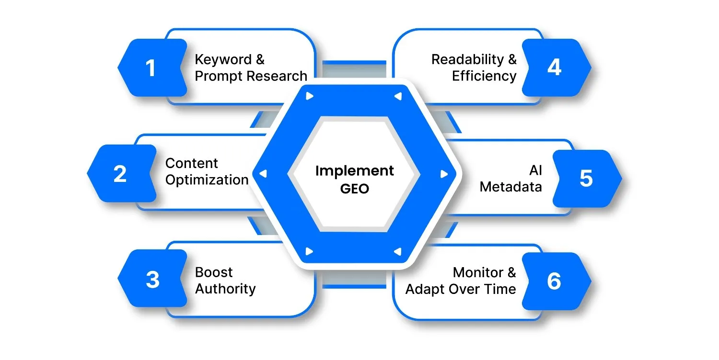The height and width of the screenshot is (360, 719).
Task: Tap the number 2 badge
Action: click(120, 173)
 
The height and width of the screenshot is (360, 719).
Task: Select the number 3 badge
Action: click(152, 280)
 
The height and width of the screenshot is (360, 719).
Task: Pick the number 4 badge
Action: click(554, 67)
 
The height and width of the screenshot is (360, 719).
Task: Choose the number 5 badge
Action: click(586, 178)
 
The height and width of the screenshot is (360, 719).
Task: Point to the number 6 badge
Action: click(554, 281)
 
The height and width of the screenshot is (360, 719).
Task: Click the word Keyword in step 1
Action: click(223, 60)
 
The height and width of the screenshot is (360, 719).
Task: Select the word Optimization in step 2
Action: click(207, 180)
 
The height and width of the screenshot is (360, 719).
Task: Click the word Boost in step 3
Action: click(214, 272)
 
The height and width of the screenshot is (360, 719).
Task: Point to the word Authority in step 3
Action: click(225, 289)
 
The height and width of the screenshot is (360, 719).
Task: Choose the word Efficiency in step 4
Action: click(484, 76)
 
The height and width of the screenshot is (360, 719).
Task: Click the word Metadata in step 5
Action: click(511, 187)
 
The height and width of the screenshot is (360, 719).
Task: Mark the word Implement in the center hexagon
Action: click(355, 171)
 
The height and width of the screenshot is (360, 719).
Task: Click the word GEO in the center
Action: click(355, 188)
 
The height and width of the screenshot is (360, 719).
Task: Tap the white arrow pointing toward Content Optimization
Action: click(262, 174)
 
